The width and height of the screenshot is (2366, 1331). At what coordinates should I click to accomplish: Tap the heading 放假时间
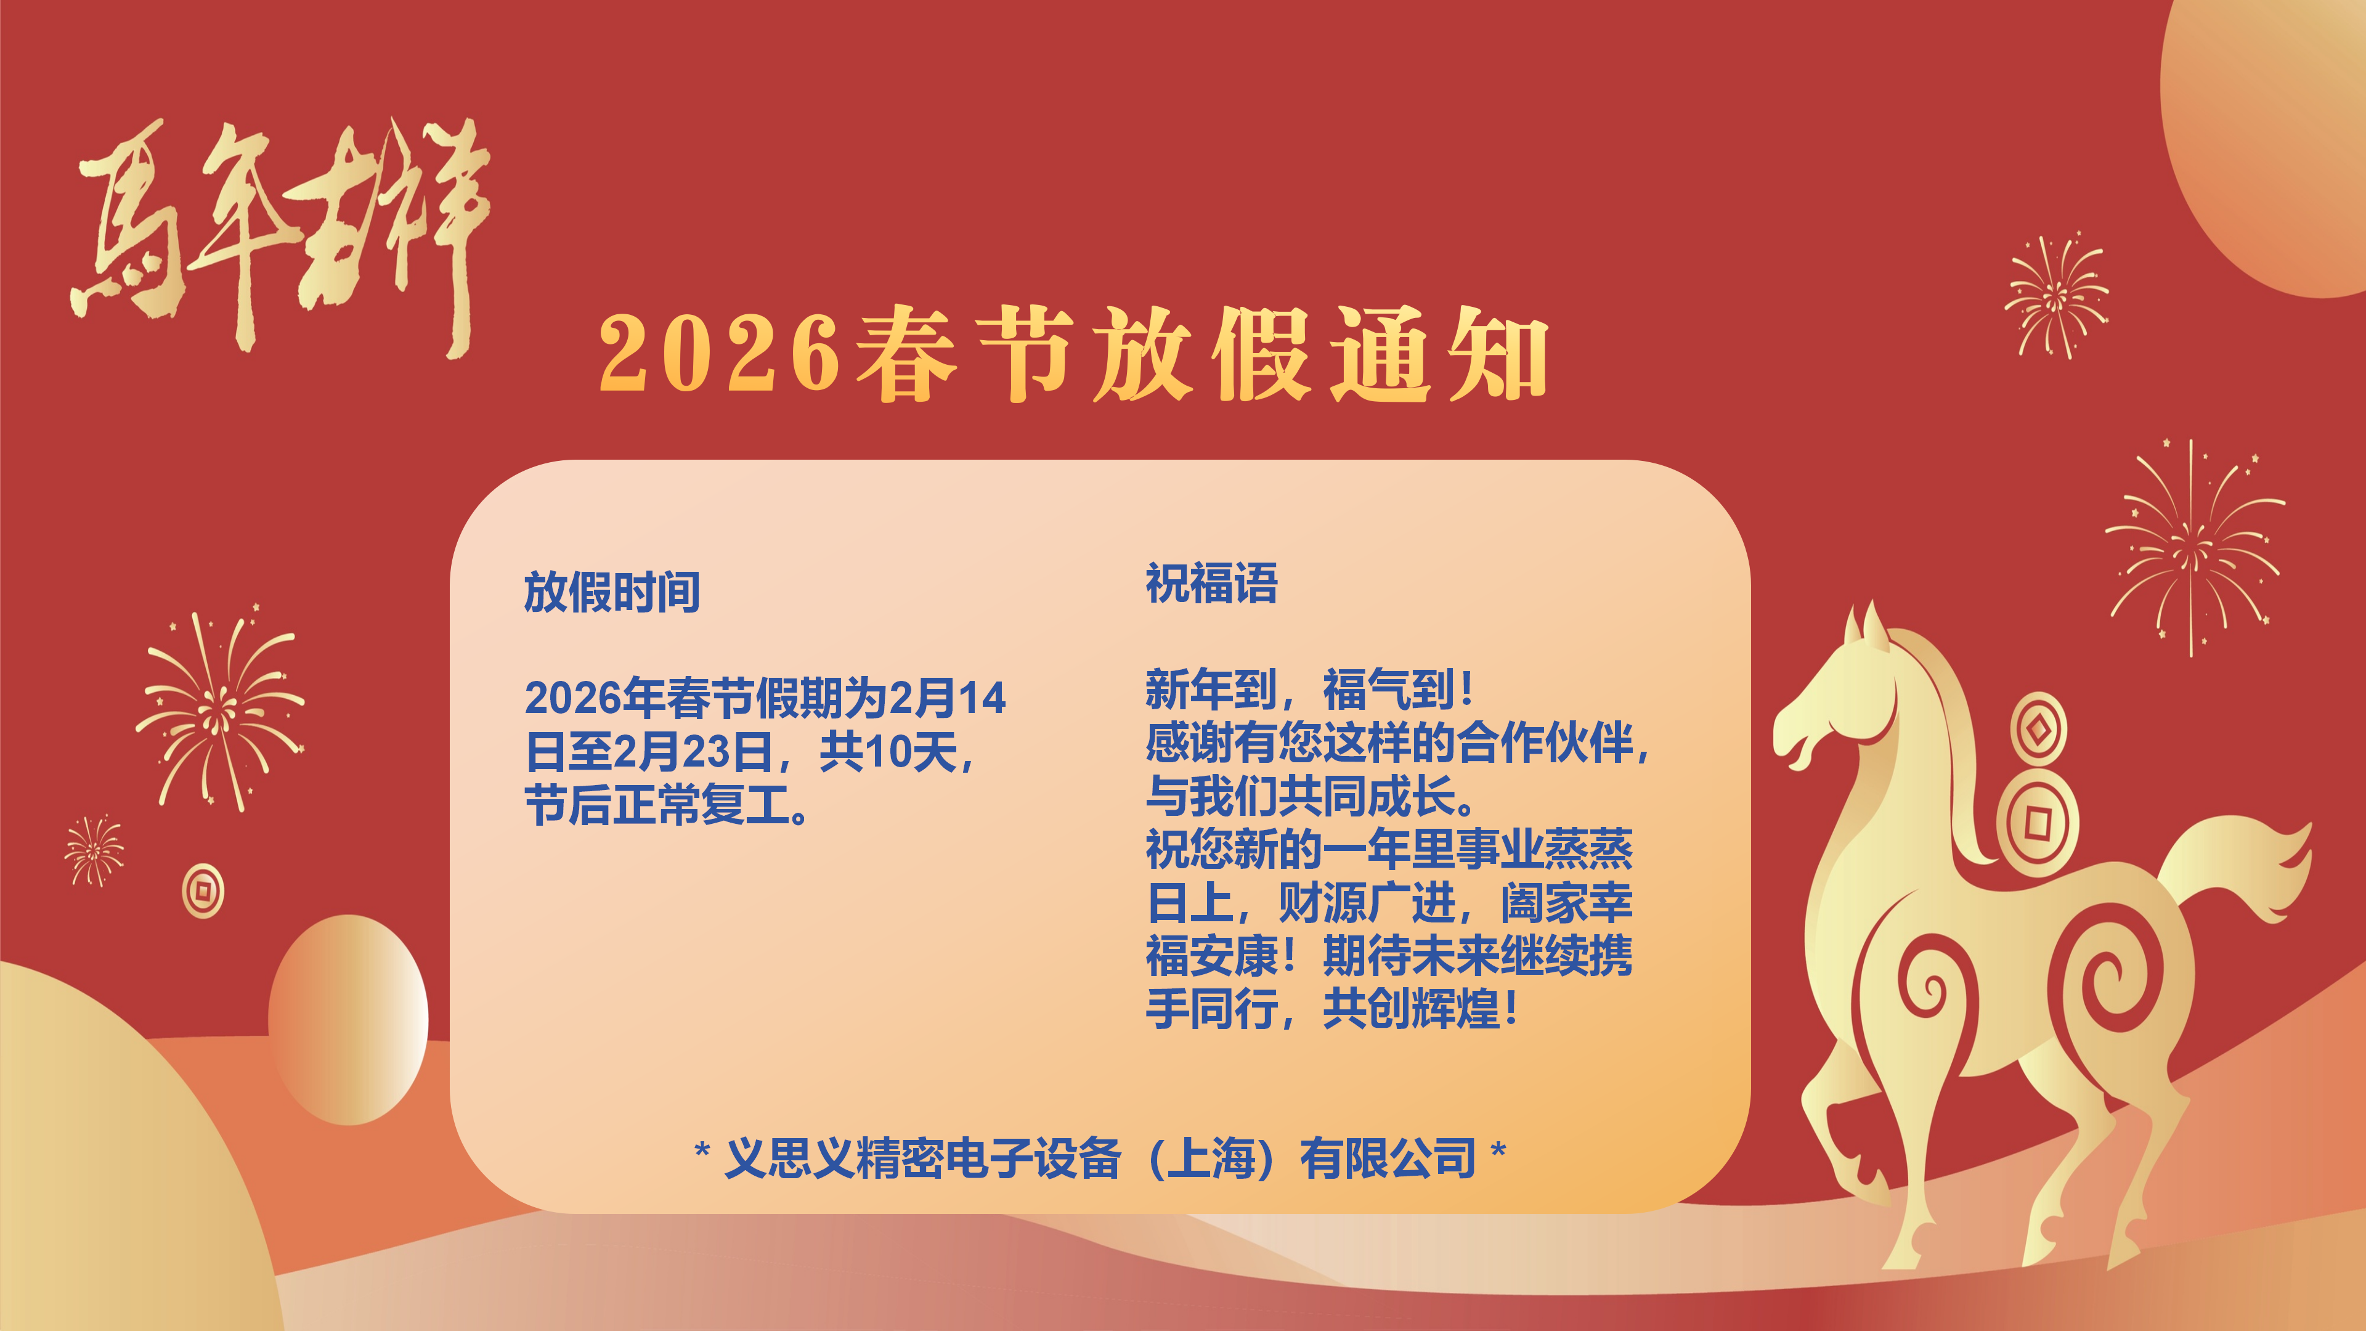tap(612, 592)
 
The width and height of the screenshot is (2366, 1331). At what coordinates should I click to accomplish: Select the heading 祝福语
tap(1211, 584)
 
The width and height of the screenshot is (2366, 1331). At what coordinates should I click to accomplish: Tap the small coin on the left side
tap(203, 890)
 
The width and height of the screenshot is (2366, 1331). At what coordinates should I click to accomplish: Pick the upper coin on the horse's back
tap(2038, 730)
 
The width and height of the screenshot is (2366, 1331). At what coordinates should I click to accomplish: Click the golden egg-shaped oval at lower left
tap(348, 1020)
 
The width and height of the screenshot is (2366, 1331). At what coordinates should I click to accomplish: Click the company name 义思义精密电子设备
tap(923, 1158)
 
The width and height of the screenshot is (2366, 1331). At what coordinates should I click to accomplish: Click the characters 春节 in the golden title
tap(964, 356)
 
